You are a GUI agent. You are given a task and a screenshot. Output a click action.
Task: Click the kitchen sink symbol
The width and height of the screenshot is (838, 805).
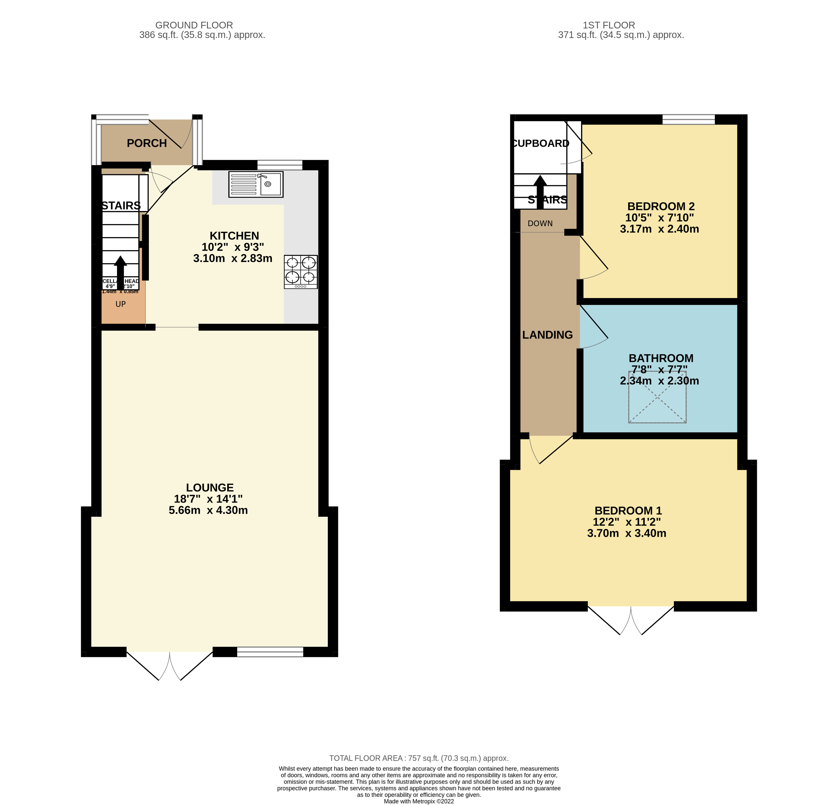click(x=256, y=184)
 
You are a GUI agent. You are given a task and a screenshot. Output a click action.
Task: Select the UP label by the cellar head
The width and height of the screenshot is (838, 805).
click(x=121, y=304)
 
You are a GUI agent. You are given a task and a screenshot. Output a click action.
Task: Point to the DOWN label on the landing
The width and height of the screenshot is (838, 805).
click(x=540, y=224)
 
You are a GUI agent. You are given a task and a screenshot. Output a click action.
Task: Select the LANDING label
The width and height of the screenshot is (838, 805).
click(x=547, y=335)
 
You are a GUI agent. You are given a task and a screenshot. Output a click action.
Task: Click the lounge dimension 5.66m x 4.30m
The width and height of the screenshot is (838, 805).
click(x=208, y=510)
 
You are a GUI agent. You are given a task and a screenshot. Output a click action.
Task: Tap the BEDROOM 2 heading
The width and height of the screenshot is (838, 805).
click(x=660, y=206)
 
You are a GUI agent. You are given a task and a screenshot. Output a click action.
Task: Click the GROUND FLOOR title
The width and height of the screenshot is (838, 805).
click(x=194, y=25)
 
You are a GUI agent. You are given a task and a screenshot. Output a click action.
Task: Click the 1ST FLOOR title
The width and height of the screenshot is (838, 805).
click(x=609, y=25)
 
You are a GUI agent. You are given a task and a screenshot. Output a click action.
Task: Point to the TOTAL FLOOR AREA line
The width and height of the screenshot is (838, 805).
click(x=419, y=758)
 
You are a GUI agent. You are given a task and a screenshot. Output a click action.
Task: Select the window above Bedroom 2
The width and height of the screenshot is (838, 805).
click(x=688, y=119)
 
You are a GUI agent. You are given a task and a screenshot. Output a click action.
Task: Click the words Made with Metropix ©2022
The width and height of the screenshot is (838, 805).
click(x=419, y=801)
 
